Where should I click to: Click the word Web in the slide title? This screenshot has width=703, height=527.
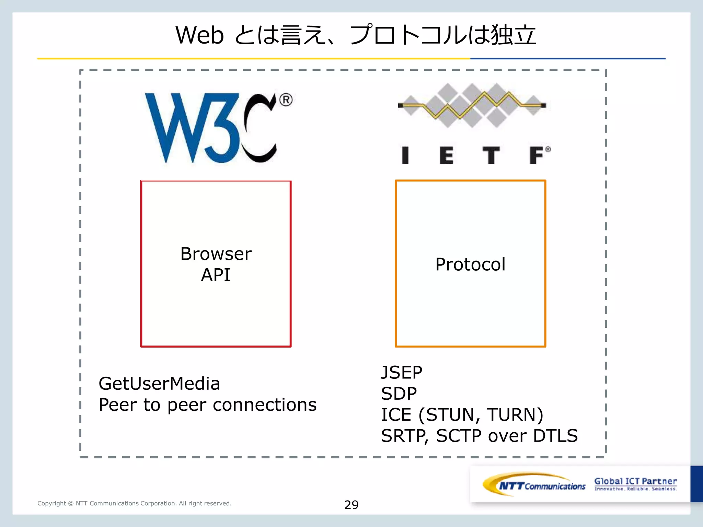(x=199, y=35)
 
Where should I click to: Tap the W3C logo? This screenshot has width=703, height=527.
(x=210, y=128)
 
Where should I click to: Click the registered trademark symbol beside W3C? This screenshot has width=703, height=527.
(x=286, y=100)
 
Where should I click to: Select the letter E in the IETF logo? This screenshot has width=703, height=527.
(x=446, y=155)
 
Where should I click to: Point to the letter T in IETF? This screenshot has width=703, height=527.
(x=491, y=155)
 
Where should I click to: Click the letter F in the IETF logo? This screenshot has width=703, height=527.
(x=537, y=155)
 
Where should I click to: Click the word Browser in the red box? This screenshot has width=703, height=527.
(x=216, y=254)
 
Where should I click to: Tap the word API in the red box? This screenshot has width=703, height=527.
(x=216, y=275)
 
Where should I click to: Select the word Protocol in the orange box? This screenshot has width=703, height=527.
(x=470, y=265)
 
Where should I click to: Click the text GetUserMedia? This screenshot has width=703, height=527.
(x=159, y=384)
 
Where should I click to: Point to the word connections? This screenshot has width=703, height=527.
(x=265, y=405)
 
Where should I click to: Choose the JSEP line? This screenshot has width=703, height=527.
(x=402, y=373)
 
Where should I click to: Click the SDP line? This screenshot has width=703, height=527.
(x=399, y=394)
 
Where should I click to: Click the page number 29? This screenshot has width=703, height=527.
(x=351, y=505)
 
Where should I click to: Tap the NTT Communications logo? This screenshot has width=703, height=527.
(x=534, y=484)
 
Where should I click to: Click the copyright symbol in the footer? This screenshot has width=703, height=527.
(x=71, y=503)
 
